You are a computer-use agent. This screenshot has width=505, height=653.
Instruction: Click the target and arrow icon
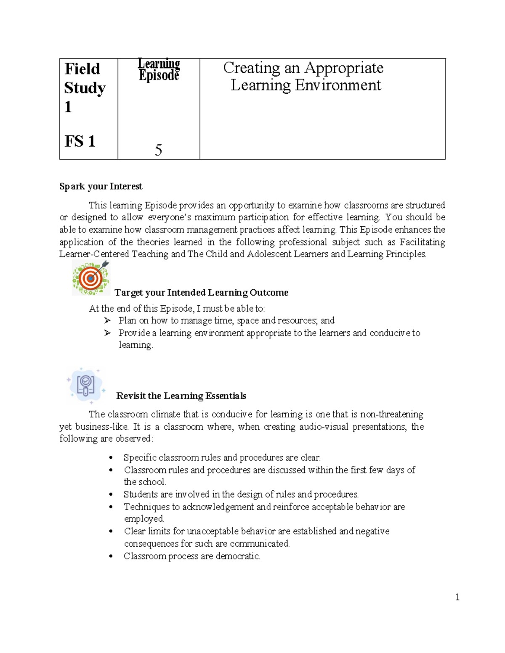tap(90, 277)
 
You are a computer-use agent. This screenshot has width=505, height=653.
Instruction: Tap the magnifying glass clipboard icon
tap(86, 385)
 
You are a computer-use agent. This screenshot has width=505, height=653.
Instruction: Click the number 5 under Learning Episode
tap(158, 150)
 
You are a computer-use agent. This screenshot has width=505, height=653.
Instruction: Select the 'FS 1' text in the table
tap(80, 141)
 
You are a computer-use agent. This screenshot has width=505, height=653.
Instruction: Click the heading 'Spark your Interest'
tap(101, 186)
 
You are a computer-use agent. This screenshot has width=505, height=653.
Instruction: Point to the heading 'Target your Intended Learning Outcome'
tap(201, 292)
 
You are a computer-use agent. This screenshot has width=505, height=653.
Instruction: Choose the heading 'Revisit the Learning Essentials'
tap(181, 396)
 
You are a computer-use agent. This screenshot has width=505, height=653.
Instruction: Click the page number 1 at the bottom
tap(457, 597)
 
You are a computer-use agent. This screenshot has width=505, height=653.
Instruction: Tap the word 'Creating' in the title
tap(251, 68)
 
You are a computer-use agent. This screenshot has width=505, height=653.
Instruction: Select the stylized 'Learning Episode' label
tap(159, 70)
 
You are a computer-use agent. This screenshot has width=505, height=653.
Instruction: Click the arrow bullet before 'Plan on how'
tap(107, 320)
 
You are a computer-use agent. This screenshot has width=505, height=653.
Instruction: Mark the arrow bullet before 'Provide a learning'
tap(107, 333)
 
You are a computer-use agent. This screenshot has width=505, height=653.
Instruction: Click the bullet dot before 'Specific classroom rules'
tap(111, 458)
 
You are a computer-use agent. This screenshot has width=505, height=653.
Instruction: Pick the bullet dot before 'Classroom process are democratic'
tap(111, 556)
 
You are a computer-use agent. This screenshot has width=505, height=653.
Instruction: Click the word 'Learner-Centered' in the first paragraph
tap(94, 254)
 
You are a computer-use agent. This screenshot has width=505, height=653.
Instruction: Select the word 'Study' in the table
tap(85, 88)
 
